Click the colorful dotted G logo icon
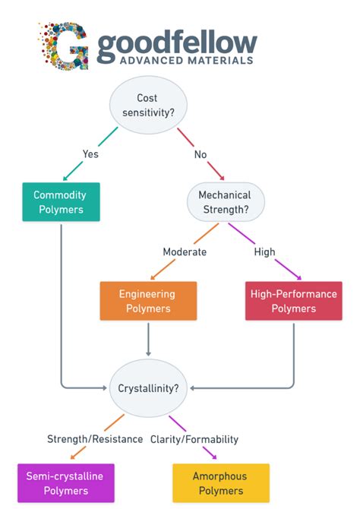(x=63, y=46)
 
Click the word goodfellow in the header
(x=176, y=41)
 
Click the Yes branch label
(x=91, y=154)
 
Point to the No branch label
(x=201, y=154)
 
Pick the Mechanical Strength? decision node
(x=225, y=201)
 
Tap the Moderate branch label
(x=185, y=251)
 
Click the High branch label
(x=265, y=251)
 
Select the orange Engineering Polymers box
(x=148, y=301)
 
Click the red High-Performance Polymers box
(x=293, y=301)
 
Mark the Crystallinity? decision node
(x=149, y=387)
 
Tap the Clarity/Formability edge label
(x=194, y=439)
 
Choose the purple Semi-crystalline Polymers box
(x=65, y=483)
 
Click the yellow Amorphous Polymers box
(x=221, y=483)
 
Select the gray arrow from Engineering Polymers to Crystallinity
(x=148, y=339)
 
